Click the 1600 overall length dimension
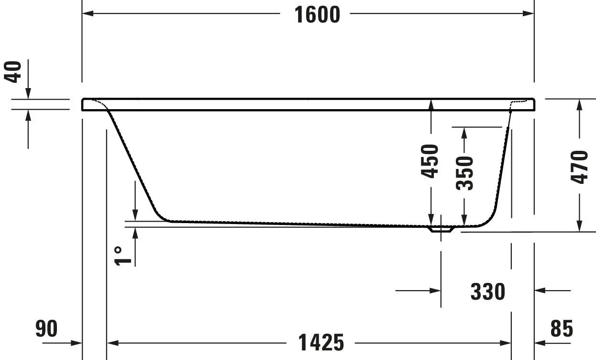317,15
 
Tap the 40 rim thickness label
13,72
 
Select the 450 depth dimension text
430,161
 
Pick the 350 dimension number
464,173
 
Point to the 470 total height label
579,167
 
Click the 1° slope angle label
122,256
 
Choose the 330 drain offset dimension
488,292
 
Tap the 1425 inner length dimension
321,343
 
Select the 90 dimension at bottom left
46,329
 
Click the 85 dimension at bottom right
562,329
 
